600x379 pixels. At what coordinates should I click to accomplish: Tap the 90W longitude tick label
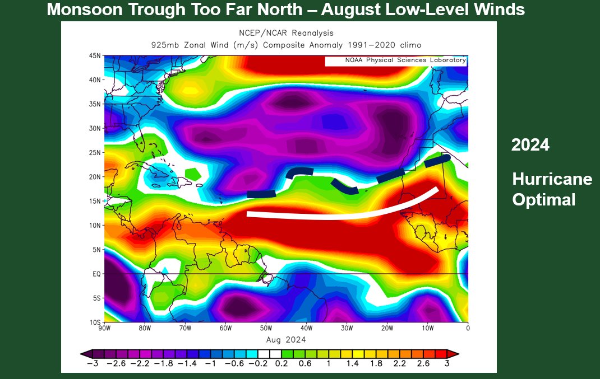coord(105,328)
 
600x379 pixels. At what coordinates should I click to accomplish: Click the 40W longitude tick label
coord(306,328)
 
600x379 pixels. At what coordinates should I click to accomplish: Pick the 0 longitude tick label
coord(468,328)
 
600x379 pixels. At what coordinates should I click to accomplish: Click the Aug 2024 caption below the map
coord(286,339)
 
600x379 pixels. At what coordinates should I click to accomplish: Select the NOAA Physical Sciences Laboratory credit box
coord(395,60)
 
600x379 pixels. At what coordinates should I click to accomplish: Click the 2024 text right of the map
coord(530,145)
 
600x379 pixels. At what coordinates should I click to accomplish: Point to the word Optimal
coord(543,200)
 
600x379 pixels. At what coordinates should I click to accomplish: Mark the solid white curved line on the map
coord(336,216)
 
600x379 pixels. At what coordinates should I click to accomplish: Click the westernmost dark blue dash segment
coord(261,194)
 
